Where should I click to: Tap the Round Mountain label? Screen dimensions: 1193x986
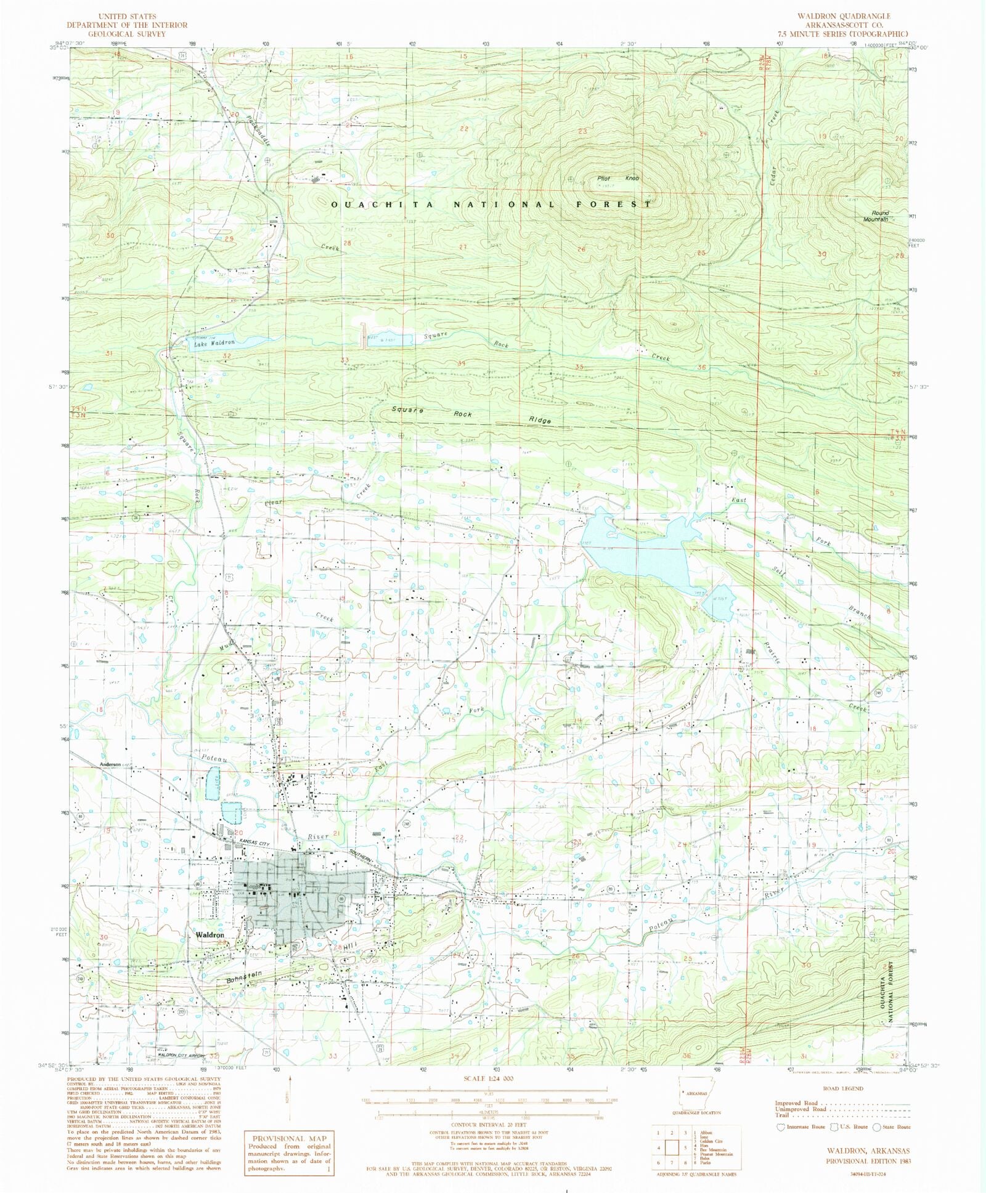coord(876,216)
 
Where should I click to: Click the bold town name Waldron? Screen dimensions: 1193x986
coord(210,935)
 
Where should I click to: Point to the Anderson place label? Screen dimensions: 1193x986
coord(110,764)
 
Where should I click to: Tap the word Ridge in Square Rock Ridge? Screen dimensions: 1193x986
coord(539,419)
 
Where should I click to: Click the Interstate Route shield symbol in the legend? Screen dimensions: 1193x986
coord(781,1127)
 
